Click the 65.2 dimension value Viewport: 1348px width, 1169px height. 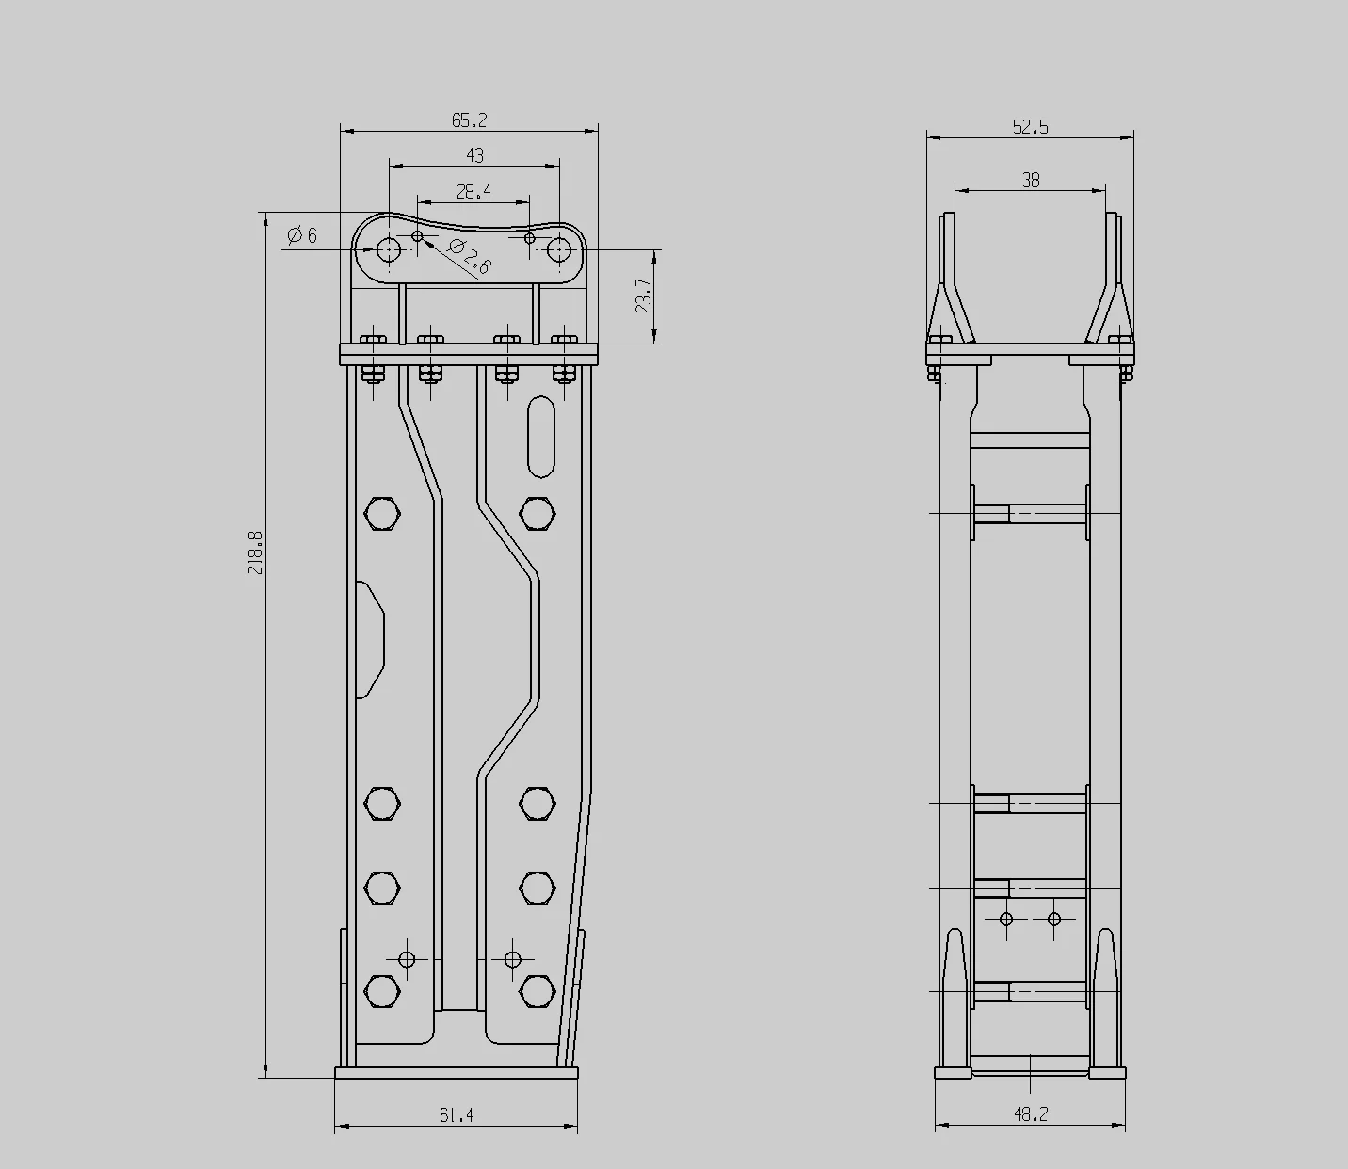[x=469, y=120]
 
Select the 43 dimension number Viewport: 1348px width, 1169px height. [x=474, y=155]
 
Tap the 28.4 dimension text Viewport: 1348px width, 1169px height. [x=473, y=192]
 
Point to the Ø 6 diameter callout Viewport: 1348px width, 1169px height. [x=302, y=235]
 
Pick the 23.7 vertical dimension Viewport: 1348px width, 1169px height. [x=643, y=296]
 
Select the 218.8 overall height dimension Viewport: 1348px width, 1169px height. [x=255, y=552]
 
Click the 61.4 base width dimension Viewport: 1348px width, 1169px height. [x=457, y=1115]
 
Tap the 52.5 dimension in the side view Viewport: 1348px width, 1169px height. [x=1030, y=127]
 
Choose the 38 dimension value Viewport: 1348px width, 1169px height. [x=1031, y=180]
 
